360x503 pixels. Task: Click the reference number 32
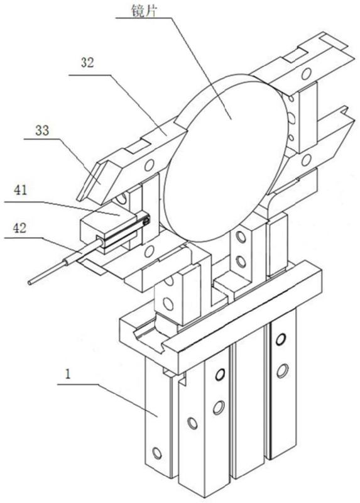[87, 62]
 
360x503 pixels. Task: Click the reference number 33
[42, 131]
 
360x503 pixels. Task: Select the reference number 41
[20, 191]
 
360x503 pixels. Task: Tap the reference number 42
[19, 228]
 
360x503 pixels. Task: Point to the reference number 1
[67, 374]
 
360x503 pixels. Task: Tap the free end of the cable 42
[30, 283]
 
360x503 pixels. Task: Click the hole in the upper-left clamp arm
[148, 165]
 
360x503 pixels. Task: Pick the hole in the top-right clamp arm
[306, 74]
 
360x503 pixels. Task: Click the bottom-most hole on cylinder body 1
[157, 453]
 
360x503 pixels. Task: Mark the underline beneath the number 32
[89, 75]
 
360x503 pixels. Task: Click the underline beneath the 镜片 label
[142, 18]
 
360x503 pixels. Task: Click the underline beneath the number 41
[23, 202]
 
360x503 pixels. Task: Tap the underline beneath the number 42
[23, 238]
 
